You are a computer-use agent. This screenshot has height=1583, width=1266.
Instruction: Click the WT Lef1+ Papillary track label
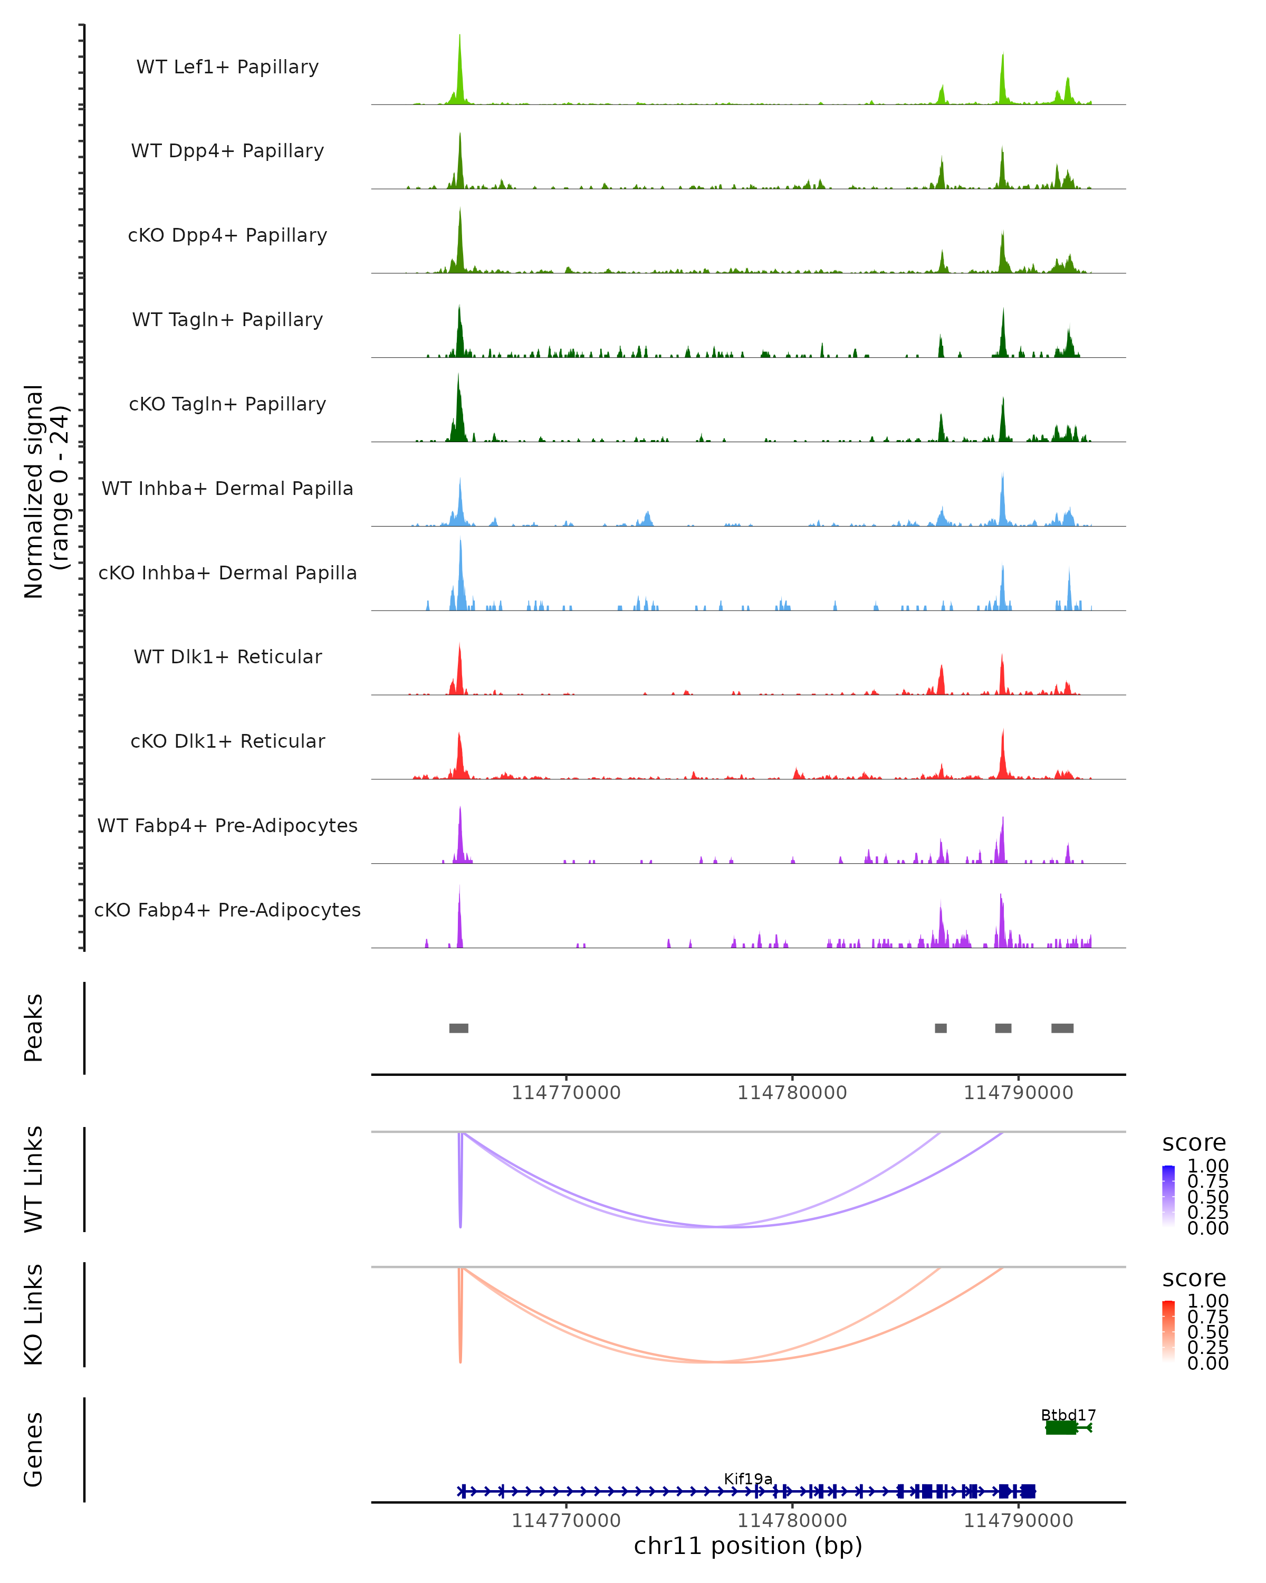(227, 67)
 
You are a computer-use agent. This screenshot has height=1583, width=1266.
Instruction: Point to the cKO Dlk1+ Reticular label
(227, 741)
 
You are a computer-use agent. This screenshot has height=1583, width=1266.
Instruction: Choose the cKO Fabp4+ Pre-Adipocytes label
(227, 910)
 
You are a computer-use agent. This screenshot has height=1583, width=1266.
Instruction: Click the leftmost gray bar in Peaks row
(459, 1028)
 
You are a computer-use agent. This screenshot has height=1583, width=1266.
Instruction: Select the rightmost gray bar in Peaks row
(1062, 1028)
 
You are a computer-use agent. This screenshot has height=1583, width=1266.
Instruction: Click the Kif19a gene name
(748, 1479)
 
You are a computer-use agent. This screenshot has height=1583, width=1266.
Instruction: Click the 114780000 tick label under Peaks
(792, 1093)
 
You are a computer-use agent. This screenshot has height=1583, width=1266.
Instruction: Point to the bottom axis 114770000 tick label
(566, 1521)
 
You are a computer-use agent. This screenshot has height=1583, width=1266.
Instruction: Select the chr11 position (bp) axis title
(748, 1546)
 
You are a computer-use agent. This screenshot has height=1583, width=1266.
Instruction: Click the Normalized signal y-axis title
(45, 491)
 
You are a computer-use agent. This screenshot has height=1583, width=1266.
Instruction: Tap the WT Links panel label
(34, 1179)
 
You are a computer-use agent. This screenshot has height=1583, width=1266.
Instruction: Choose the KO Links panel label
(34, 1314)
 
